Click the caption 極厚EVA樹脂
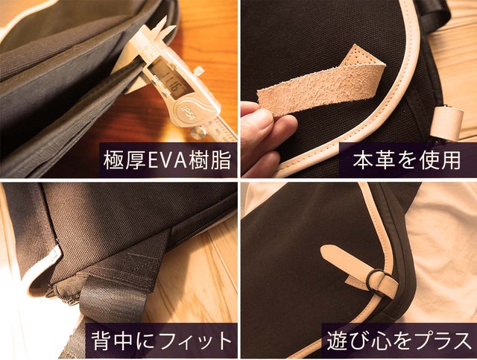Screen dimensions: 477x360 click(167, 160)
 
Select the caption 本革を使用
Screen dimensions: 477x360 click(407, 160)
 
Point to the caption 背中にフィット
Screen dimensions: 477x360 click(162, 341)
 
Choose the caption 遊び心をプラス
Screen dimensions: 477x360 click(399, 341)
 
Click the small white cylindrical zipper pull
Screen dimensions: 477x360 click(446, 123)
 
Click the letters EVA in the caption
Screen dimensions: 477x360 click(167, 161)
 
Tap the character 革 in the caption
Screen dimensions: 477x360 click(385, 160)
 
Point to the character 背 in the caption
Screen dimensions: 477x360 click(101, 341)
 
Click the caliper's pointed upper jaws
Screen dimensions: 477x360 click(160, 28)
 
